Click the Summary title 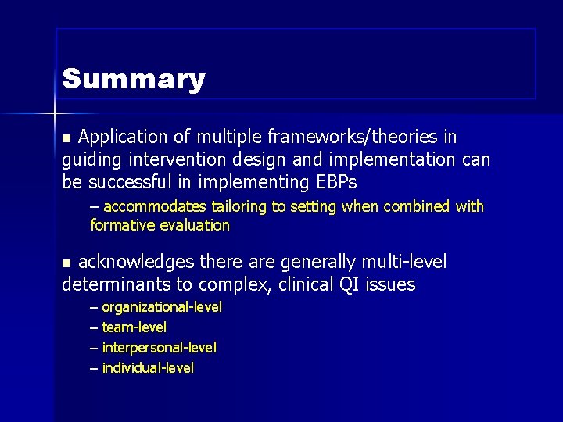click(x=134, y=79)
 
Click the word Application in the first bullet click(x=123, y=138)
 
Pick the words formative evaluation click(x=160, y=226)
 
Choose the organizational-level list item click(x=162, y=307)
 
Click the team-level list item click(x=134, y=327)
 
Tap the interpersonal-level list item click(x=160, y=347)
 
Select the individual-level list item click(x=148, y=367)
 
